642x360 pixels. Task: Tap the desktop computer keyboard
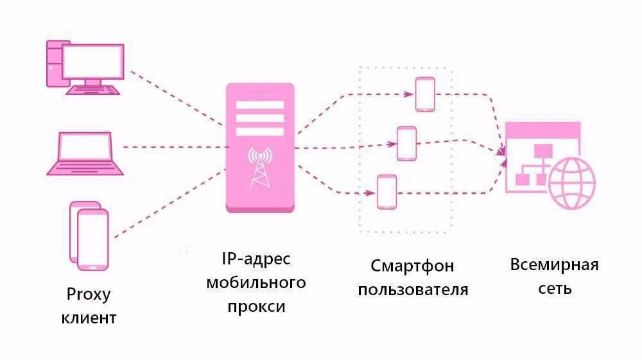(94, 90)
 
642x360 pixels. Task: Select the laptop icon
(85, 154)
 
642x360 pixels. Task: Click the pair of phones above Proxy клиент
(89, 236)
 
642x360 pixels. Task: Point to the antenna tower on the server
(260, 167)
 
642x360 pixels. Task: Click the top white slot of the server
(260, 105)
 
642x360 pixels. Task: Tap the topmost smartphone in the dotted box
(425, 94)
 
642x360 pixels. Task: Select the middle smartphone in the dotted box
(406, 143)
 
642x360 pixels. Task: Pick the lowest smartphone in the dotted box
(386, 192)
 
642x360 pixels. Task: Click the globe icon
(571, 184)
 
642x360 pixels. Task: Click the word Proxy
(89, 295)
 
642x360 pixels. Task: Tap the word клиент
(89, 317)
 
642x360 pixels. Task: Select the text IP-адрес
(256, 259)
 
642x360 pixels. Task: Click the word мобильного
(256, 283)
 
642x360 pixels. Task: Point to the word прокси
(256, 306)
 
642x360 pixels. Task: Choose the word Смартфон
(412, 266)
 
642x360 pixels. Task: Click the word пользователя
(413, 289)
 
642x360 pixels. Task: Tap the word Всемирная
(555, 265)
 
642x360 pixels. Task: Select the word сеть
(555, 289)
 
